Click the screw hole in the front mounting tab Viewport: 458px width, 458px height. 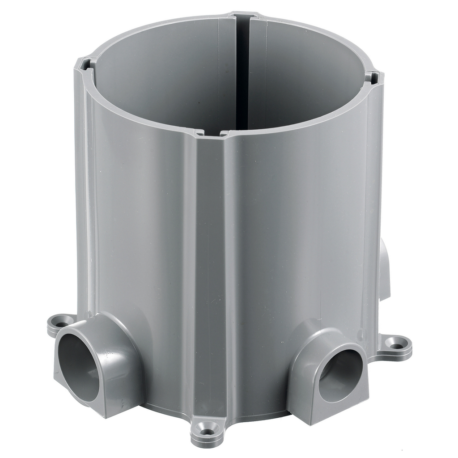click(x=206, y=432)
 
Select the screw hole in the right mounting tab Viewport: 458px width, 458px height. click(x=397, y=344)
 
